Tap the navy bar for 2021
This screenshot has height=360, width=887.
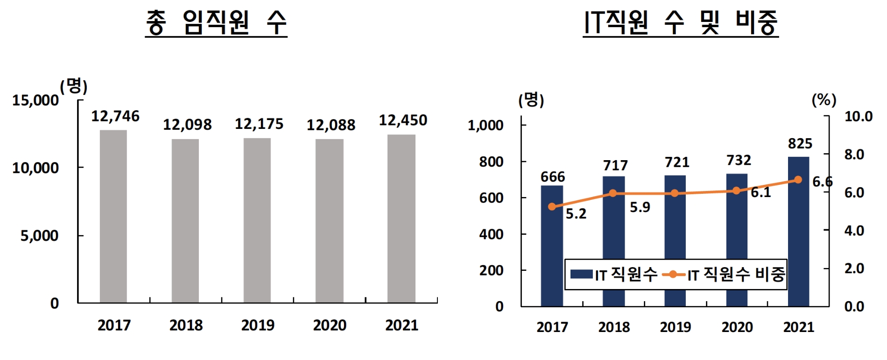tap(798, 233)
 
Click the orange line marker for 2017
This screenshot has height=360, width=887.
tap(552, 206)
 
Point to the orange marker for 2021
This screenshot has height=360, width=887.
tap(798, 180)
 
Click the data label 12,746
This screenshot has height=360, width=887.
tap(115, 116)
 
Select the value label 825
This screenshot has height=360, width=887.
tap(800, 144)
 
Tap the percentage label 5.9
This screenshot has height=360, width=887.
tap(640, 207)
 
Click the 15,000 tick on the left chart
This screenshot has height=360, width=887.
tap(35, 100)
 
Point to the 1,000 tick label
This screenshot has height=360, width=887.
tap(486, 125)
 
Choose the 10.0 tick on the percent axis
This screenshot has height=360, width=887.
tap(858, 116)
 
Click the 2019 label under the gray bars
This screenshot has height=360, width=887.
tap(258, 325)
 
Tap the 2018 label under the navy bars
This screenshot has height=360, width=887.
tap(614, 327)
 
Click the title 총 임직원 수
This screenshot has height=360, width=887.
tap(216, 22)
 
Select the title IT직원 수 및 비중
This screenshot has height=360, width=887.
tap(681, 22)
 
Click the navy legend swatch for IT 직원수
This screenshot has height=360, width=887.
tap(582, 274)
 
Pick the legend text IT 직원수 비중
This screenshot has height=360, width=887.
tap(736, 275)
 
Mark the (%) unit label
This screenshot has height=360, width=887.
tap(824, 99)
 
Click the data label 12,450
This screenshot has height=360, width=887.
tap(403, 120)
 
